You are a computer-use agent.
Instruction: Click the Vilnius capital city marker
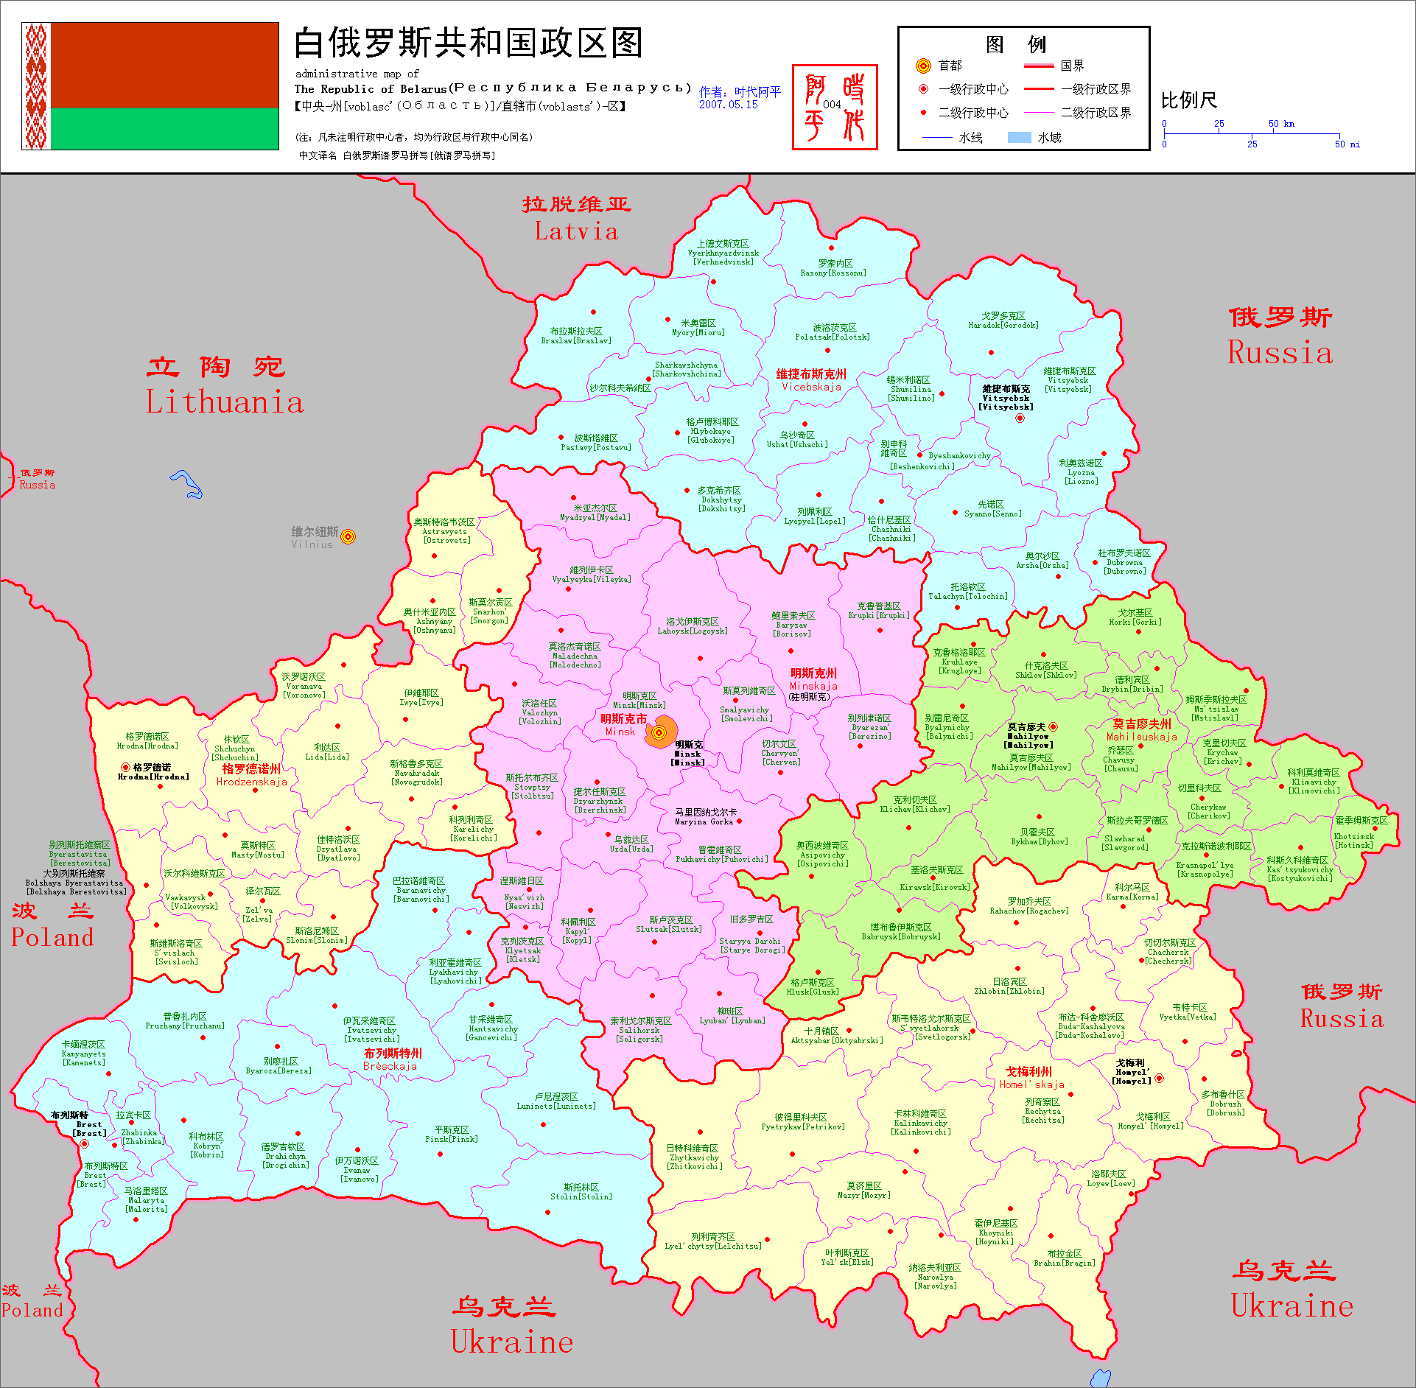pos(348,536)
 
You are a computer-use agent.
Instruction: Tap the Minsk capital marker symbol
pos(659,732)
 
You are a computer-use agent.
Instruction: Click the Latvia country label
pos(576,220)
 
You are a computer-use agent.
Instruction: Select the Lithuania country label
pos(225,386)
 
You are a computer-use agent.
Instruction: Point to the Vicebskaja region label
pos(811,380)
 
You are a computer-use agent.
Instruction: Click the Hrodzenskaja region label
pos(251,775)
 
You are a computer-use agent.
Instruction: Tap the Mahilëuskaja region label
pos(1141,730)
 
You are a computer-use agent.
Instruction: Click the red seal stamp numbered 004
pos(835,108)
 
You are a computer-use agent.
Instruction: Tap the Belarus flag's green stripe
pos(164,129)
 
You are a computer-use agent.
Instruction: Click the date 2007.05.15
pos(728,105)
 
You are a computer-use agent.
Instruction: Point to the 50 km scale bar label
pos(1280,124)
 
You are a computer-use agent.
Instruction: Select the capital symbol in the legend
pos(923,66)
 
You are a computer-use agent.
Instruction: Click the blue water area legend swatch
pos(1019,137)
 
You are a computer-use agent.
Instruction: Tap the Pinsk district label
pos(451,1134)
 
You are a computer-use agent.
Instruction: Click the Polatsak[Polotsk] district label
pos(833,332)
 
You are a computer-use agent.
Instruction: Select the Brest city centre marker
pos(84,1144)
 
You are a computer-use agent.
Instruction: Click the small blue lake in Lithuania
pos(187,484)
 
